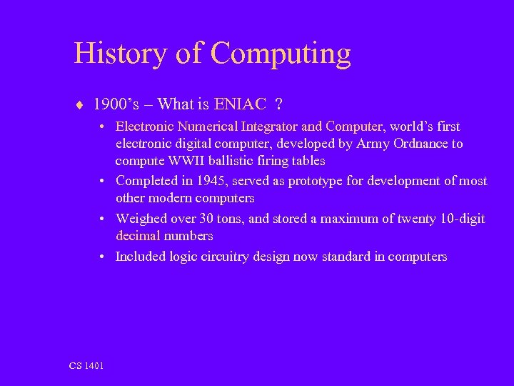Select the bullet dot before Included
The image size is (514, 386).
point(104,256)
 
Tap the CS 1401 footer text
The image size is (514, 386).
point(86,366)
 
